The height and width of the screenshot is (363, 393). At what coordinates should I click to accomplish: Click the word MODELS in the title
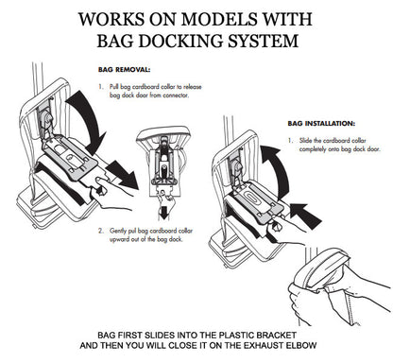[219, 19]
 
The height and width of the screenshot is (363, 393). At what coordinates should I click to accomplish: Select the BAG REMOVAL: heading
[124, 70]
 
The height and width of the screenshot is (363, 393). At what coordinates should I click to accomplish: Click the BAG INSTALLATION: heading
[321, 124]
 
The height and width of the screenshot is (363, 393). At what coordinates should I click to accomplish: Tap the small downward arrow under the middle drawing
[163, 214]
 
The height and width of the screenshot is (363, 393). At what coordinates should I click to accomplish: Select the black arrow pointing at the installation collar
[305, 215]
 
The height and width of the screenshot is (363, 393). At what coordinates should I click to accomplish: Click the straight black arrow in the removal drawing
[121, 174]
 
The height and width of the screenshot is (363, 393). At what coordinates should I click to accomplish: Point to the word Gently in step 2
[118, 231]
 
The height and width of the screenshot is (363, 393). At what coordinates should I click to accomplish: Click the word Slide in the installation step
[306, 141]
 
